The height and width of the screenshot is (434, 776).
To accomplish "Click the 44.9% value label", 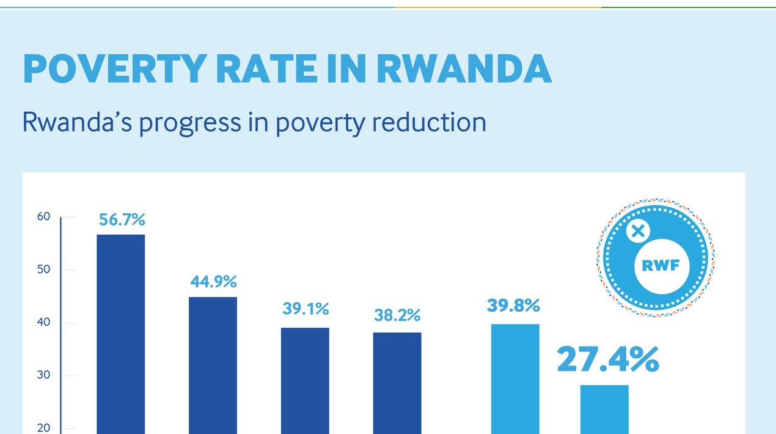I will coord(213,282).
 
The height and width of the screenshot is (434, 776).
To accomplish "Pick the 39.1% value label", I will coord(306,309).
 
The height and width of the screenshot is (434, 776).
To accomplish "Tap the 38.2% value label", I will coord(397,315).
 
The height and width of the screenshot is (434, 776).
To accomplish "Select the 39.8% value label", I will coord(513,306).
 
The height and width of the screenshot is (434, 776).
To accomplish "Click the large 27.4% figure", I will coord(607,359).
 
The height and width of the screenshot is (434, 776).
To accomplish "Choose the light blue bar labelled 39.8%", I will coord(515,378).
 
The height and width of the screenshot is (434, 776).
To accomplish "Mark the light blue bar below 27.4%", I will coord(604,409).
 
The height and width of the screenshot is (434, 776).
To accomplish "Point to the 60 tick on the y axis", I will coord(43,216).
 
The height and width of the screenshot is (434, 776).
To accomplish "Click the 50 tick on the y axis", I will coord(43,270).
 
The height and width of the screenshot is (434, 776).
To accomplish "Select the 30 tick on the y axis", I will coord(43,375).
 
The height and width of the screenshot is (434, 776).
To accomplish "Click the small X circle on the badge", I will coord(637,231).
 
